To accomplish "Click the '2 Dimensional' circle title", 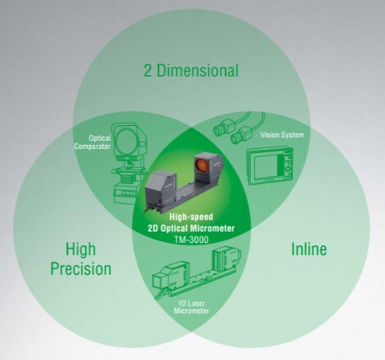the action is (191, 70).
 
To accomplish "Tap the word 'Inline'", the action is (309, 250).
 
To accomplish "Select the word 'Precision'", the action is (81, 269).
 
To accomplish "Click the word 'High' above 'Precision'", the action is (80, 250).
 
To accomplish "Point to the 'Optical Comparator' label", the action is (93, 142).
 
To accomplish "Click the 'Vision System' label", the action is (282, 135).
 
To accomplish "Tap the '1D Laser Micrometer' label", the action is (192, 307).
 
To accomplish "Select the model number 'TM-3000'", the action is (191, 240).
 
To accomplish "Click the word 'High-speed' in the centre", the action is (191, 217).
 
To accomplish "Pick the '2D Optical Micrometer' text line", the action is (191, 228).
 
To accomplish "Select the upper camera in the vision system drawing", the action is (224, 128).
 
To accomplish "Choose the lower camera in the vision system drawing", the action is (242, 135).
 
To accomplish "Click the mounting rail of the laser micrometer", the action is (202, 281).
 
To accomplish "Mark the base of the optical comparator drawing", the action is (128, 191).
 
